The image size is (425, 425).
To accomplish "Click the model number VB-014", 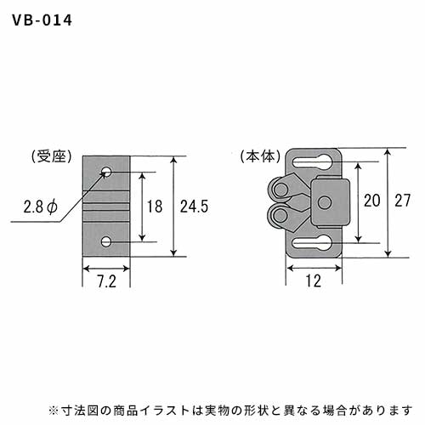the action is (42, 20).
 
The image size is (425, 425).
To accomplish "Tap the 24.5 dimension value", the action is (194, 207).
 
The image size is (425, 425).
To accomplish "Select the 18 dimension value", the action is (155, 207).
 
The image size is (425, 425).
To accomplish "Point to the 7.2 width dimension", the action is (106, 281).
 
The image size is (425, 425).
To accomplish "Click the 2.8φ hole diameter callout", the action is (41, 207).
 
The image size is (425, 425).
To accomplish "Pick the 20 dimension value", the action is (372, 201).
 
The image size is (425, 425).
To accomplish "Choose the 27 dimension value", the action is (403, 201).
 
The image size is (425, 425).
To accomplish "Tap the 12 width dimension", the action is (314, 281).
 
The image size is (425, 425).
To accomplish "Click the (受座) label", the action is (52, 156).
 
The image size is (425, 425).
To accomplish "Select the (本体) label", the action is (261, 156).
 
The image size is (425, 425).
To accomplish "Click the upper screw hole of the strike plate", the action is (106, 171).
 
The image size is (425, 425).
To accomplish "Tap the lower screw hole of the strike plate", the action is (106, 242).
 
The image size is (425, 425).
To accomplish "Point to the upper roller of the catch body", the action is (278, 188).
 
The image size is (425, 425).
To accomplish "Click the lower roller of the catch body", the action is (278, 214).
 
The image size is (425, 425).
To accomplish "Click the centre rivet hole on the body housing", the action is (325, 202).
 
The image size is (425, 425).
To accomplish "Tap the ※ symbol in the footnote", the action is (53, 411).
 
